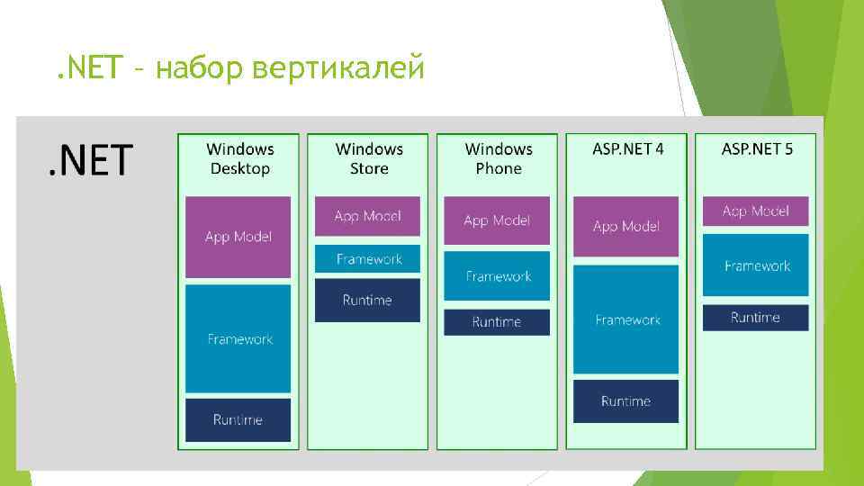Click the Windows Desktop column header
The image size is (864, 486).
click(x=240, y=158)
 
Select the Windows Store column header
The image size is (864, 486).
click(x=369, y=158)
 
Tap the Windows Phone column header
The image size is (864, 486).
click(x=499, y=158)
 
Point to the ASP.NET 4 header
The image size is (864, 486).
click(x=628, y=148)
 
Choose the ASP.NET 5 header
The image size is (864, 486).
click(x=757, y=148)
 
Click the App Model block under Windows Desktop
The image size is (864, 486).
click(x=238, y=237)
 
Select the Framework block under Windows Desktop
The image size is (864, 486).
click(x=238, y=338)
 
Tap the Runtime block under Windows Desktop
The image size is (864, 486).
click(x=238, y=419)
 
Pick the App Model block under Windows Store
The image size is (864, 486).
click(x=367, y=216)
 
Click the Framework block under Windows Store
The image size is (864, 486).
click(x=367, y=259)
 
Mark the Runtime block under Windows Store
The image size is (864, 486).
click(x=367, y=300)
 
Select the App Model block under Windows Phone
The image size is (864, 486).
click(x=497, y=220)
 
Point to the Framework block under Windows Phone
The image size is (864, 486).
click(x=497, y=276)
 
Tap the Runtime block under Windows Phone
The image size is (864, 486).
click(x=497, y=321)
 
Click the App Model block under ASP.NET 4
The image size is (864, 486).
click(x=626, y=226)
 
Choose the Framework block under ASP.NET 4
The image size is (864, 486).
click(x=626, y=319)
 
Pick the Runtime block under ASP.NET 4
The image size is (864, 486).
click(x=626, y=401)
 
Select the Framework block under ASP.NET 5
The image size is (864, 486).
click(x=756, y=265)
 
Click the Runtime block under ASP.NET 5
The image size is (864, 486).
click(x=756, y=318)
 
